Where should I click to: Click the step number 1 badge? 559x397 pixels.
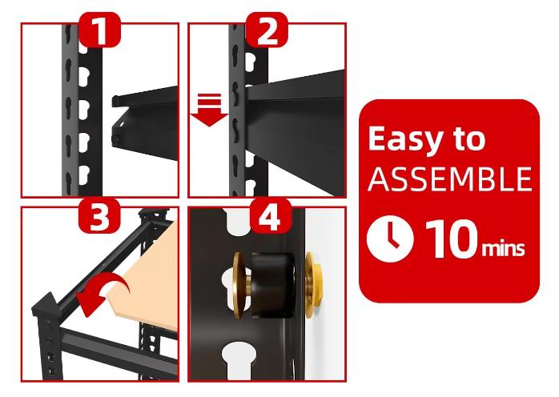click(100, 30)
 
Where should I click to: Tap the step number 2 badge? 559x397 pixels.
click(267, 30)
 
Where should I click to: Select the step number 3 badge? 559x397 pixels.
click(99, 216)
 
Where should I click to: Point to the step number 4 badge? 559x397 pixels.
click(270, 216)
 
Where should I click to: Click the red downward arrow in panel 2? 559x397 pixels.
click(209, 110)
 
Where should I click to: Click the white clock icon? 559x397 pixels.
click(390, 239)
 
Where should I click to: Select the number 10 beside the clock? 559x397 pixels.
click(452, 239)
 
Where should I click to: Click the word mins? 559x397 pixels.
click(503, 247)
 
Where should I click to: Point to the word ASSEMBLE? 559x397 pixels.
click(450, 178)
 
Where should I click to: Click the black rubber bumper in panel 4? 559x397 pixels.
click(273, 285)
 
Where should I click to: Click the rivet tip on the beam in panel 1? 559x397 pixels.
click(115, 138)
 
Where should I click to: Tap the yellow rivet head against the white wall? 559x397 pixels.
click(313, 285)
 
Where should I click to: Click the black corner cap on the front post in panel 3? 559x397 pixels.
click(46, 306)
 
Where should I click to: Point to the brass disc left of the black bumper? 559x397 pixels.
click(238, 285)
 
